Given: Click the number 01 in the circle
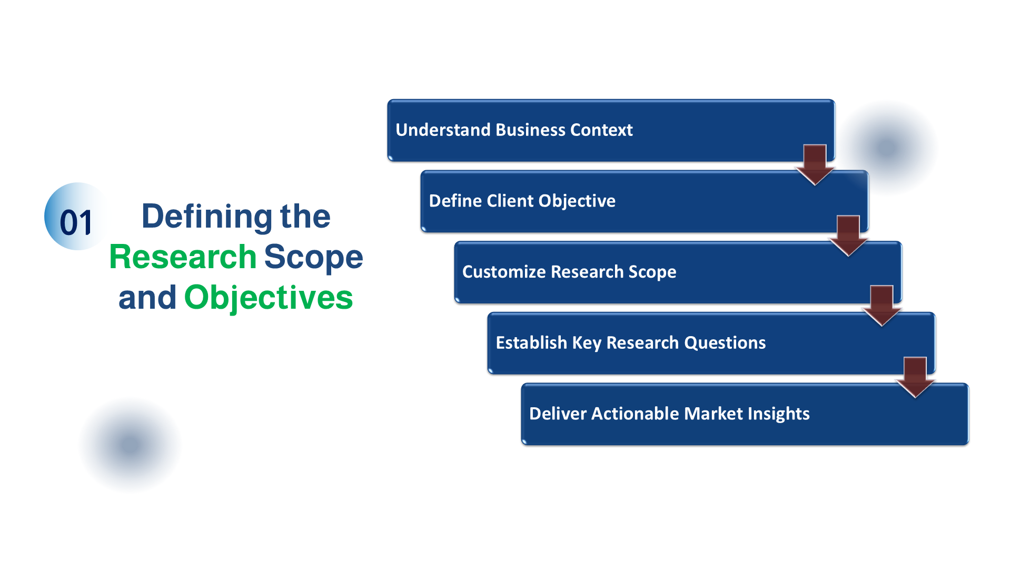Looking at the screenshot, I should coord(76,222).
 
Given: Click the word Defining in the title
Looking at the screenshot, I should coord(206,217).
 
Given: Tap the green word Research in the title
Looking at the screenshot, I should coord(183,257).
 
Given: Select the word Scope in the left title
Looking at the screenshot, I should coord(313,257).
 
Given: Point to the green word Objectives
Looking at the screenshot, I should coord(269,298).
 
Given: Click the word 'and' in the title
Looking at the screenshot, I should coord(147,298).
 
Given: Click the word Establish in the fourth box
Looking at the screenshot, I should coord(531,343).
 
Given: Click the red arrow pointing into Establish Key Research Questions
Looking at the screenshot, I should coord(881,306).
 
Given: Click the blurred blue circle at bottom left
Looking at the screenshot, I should coord(130,445).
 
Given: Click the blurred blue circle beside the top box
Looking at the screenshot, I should coord(888,148).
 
